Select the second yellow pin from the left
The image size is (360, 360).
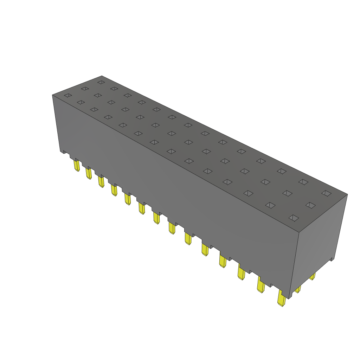click(x=89, y=173)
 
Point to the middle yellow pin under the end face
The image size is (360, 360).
click(x=298, y=289)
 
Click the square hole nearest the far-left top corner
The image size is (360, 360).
click(x=68, y=95)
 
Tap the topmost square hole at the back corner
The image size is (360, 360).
click(x=101, y=82)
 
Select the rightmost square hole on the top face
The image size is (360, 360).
click(x=326, y=193)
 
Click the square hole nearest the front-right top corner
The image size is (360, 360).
click(x=294, y=218)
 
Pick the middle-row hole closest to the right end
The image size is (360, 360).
click(x=310, y=205)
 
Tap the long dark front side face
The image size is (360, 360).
click(x=176, y=183)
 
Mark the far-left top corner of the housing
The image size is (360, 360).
click(x=52, y=95)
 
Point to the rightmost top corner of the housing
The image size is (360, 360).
click(x=347, y=194)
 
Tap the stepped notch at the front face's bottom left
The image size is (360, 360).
click(x=65, y=152)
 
